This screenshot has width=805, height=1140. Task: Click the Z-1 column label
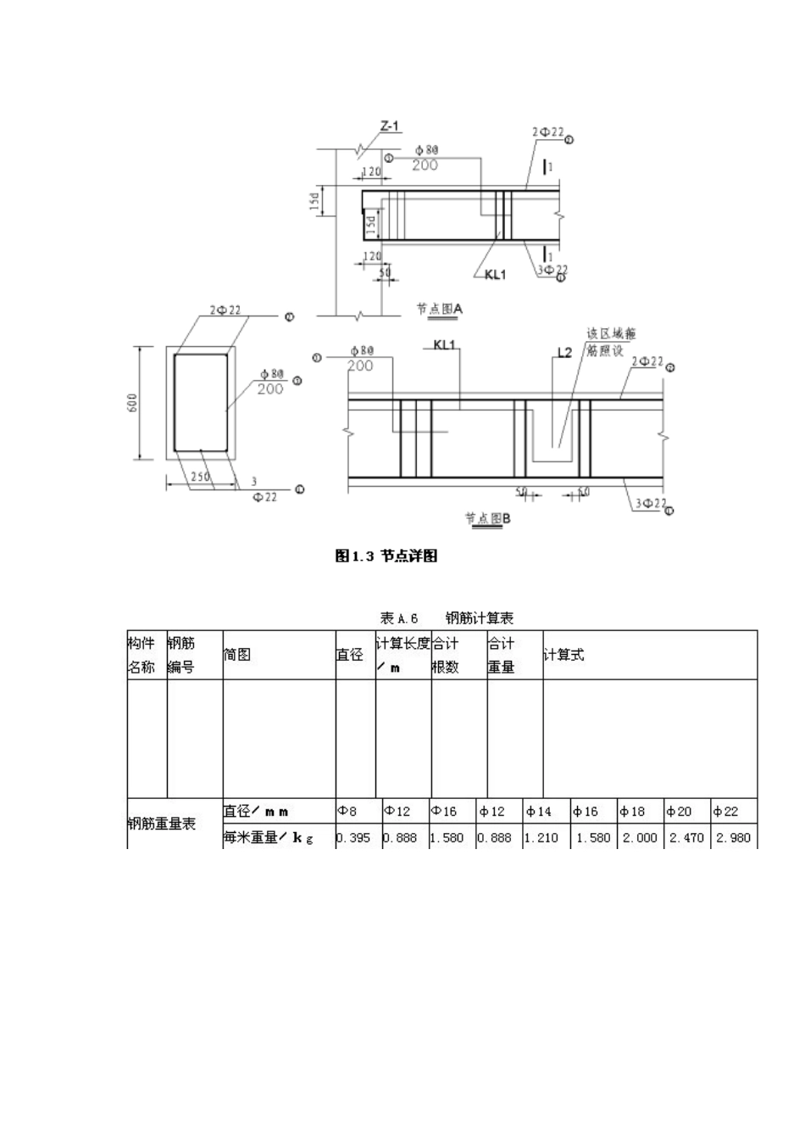click(x=390, y=127)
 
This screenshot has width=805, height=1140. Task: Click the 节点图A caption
click(x=439, y=310)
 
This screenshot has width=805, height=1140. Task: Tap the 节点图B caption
click(x=488, y=518)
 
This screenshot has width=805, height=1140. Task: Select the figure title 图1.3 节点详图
click(x=386, y=556)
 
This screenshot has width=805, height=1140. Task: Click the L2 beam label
click(x=563, y=352)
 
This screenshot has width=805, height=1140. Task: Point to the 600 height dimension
click(x=132, y=403)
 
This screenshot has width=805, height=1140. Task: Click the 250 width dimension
click(x=200, y=477)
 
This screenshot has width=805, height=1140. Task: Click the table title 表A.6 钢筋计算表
click(x=447, y=617)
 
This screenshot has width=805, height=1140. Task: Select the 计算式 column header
click(x=563, y=655)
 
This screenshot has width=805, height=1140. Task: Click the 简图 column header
click(x=236, y=655)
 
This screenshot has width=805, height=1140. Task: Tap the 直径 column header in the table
click(x=350, y=655)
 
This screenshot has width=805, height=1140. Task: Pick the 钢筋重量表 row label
click(x=162, y=824)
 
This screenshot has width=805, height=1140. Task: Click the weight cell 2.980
click(x=733, y=837)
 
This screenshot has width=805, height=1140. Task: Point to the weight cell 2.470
click(x=686, y=837)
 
